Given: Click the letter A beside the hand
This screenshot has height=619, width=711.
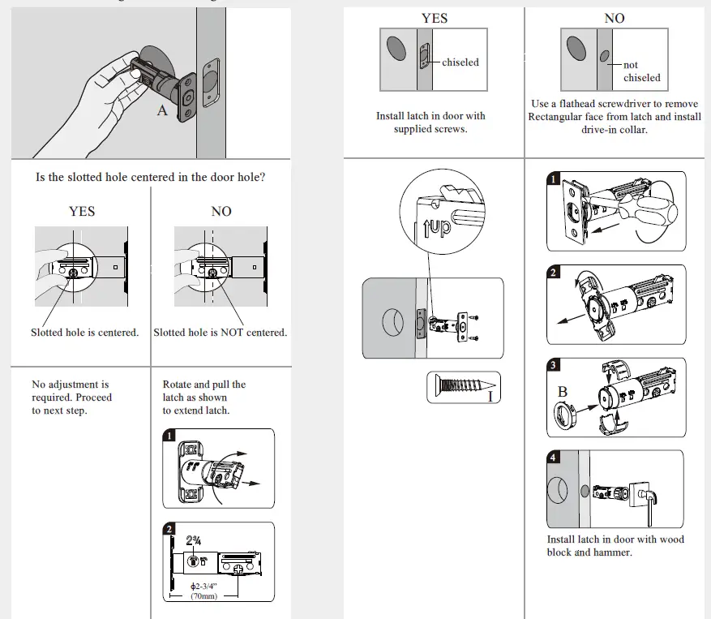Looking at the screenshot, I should tap(162, 110).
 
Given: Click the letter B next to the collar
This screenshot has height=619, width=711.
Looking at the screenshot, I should tap(563, 392).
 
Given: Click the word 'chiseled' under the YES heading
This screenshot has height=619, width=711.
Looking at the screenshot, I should tap(460, 62).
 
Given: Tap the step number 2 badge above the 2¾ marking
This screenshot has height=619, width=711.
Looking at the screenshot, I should tap(169, 530).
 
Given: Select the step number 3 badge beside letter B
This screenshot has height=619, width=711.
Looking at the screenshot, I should tap(554, 366).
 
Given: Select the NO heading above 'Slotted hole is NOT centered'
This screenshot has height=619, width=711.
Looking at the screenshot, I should tap(221, 211).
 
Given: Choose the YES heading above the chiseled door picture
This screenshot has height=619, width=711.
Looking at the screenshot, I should tap(434, 18).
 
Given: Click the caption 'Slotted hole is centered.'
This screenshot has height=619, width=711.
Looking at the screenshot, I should tap(85, 333).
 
